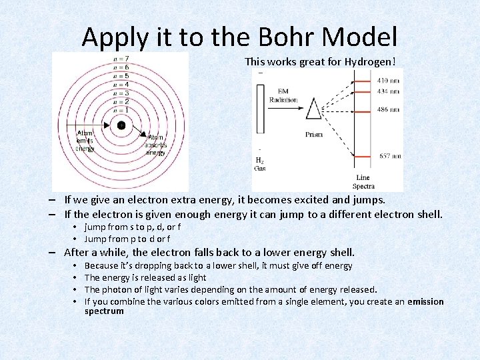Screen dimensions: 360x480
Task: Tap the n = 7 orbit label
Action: [x=121, y=60]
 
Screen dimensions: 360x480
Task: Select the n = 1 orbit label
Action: [x=121, y=109]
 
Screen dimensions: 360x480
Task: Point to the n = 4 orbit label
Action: [x=121, y=85]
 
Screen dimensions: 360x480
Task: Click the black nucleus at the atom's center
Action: [x=121, y=125]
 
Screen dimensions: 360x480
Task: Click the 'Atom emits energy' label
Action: [x=85, y=141]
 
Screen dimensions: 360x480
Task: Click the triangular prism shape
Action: [x=313, y=109]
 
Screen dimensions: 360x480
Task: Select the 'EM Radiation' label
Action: [x=283, y=96]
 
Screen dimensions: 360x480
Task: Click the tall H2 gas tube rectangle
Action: [x=260, y=110]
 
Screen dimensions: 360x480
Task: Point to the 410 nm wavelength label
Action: [x=389, y=80]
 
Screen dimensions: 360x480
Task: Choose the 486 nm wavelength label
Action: [x=389, y=109]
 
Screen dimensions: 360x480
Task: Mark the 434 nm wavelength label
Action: [x=389, y=90]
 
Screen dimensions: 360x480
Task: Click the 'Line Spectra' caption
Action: [x=363, y=182]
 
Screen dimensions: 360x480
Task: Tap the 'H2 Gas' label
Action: [x=260, y=164]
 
